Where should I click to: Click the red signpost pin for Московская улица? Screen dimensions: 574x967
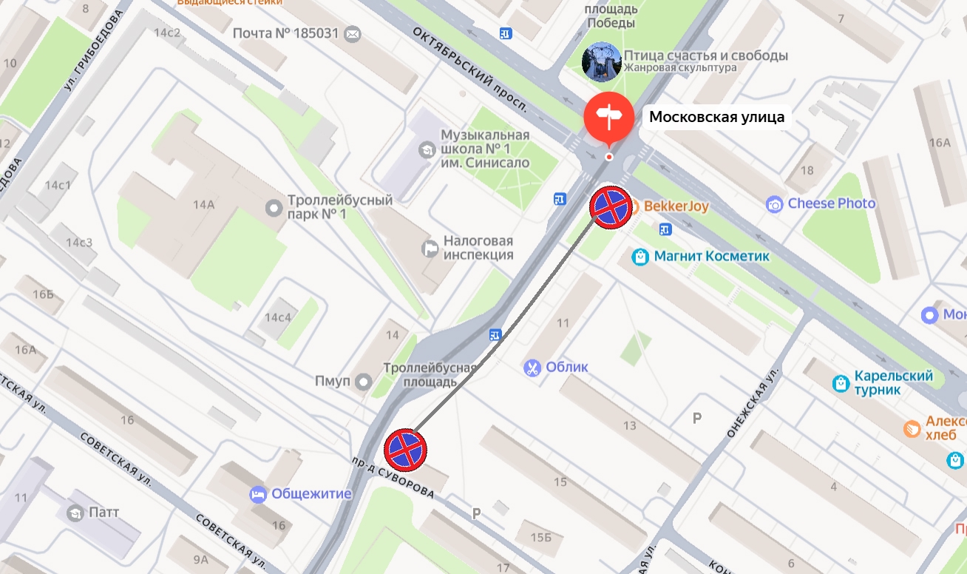(x=608, y=117)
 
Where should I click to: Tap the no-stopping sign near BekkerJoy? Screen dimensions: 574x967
(x=611, y=207)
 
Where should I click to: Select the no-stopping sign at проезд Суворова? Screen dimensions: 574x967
(x=405, y=449)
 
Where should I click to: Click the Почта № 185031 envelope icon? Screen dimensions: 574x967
(x=353, y=34)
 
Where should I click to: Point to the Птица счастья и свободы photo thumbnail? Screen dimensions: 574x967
(x=601, y=61)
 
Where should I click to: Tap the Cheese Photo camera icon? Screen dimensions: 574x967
(x=774, y=204)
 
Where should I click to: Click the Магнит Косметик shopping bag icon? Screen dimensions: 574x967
(x=640, y=257)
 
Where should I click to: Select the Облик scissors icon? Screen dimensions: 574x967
(x=532, y=368)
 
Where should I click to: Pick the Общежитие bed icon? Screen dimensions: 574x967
(x=258, y=494)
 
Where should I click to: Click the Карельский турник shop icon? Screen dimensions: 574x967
(x=840, y=383)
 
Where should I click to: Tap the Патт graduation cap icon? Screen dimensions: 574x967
(x=75, y=512)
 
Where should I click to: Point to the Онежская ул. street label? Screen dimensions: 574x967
(x=753, y=403)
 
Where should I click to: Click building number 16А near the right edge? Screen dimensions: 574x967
(x=939, y=143)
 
